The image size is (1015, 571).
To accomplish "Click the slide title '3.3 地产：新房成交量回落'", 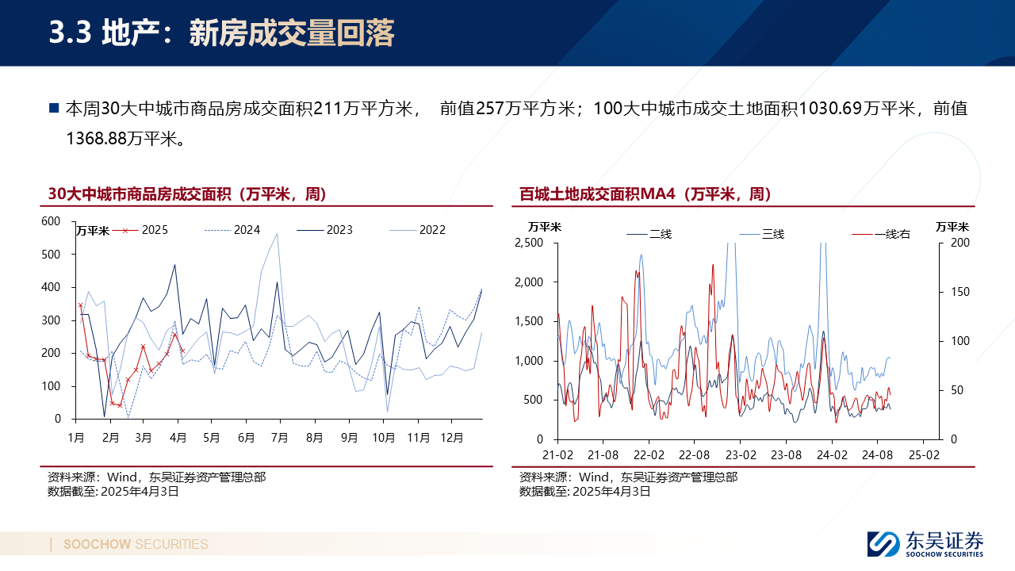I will (x=222, y=33).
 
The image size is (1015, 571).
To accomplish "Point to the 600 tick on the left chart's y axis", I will (x=50, y=221).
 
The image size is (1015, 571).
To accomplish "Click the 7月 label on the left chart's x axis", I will (x=279, y=436).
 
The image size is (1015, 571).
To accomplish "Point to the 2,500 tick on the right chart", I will (x=530, y=243).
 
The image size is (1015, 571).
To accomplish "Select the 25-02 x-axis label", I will (x=924, y=456).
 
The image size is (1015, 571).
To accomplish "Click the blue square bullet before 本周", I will (x=54, y=109).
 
